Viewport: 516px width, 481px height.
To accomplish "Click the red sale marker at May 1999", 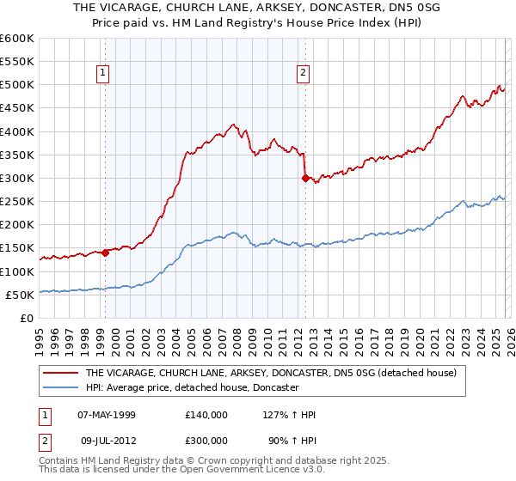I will (105, 253).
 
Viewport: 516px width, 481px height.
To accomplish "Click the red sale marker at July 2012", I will (304, 179).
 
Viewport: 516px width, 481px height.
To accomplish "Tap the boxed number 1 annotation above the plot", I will (102, 74).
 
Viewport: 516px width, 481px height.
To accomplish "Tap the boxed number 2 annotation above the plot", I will (304, 74).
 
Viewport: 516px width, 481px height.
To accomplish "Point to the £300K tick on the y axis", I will (17, 179).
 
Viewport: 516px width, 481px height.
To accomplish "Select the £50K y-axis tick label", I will (20, 295).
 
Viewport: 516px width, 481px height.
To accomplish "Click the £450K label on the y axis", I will (17, 108).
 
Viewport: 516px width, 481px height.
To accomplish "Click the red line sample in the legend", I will (61, 374).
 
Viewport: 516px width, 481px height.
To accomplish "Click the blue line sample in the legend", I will (61, 388).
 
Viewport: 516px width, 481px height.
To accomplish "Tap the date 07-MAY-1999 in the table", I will (107, 415).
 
